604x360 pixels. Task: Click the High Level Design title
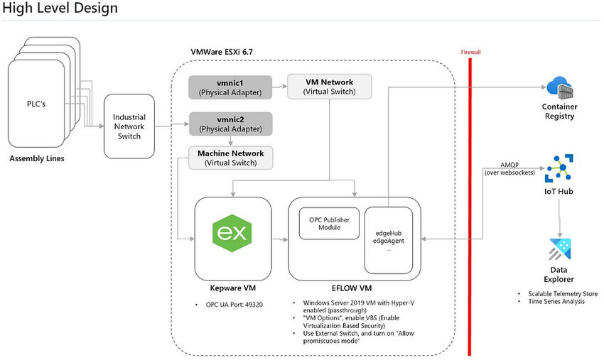60,9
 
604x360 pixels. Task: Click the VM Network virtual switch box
328,87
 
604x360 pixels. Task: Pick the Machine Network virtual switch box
230,158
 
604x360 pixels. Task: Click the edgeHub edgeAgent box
387,240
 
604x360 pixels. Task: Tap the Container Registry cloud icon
559,89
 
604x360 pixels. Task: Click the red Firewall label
470,53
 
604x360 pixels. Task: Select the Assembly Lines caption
36,158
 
